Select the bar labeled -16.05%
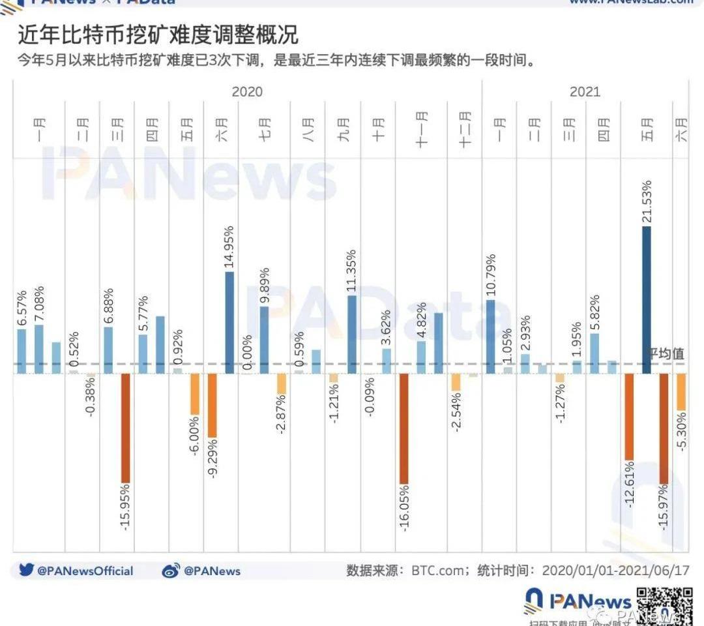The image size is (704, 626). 403,428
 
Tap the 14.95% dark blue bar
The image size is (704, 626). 229,323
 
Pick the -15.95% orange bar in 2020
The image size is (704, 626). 125,428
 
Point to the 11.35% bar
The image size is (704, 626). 351,335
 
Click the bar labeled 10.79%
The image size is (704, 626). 490,336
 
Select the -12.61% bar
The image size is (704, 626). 629,417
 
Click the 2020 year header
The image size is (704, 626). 247,91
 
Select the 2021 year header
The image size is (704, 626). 585,91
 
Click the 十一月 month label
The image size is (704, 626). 421,128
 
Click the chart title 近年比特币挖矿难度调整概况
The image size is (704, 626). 158,35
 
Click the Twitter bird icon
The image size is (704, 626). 26,571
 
